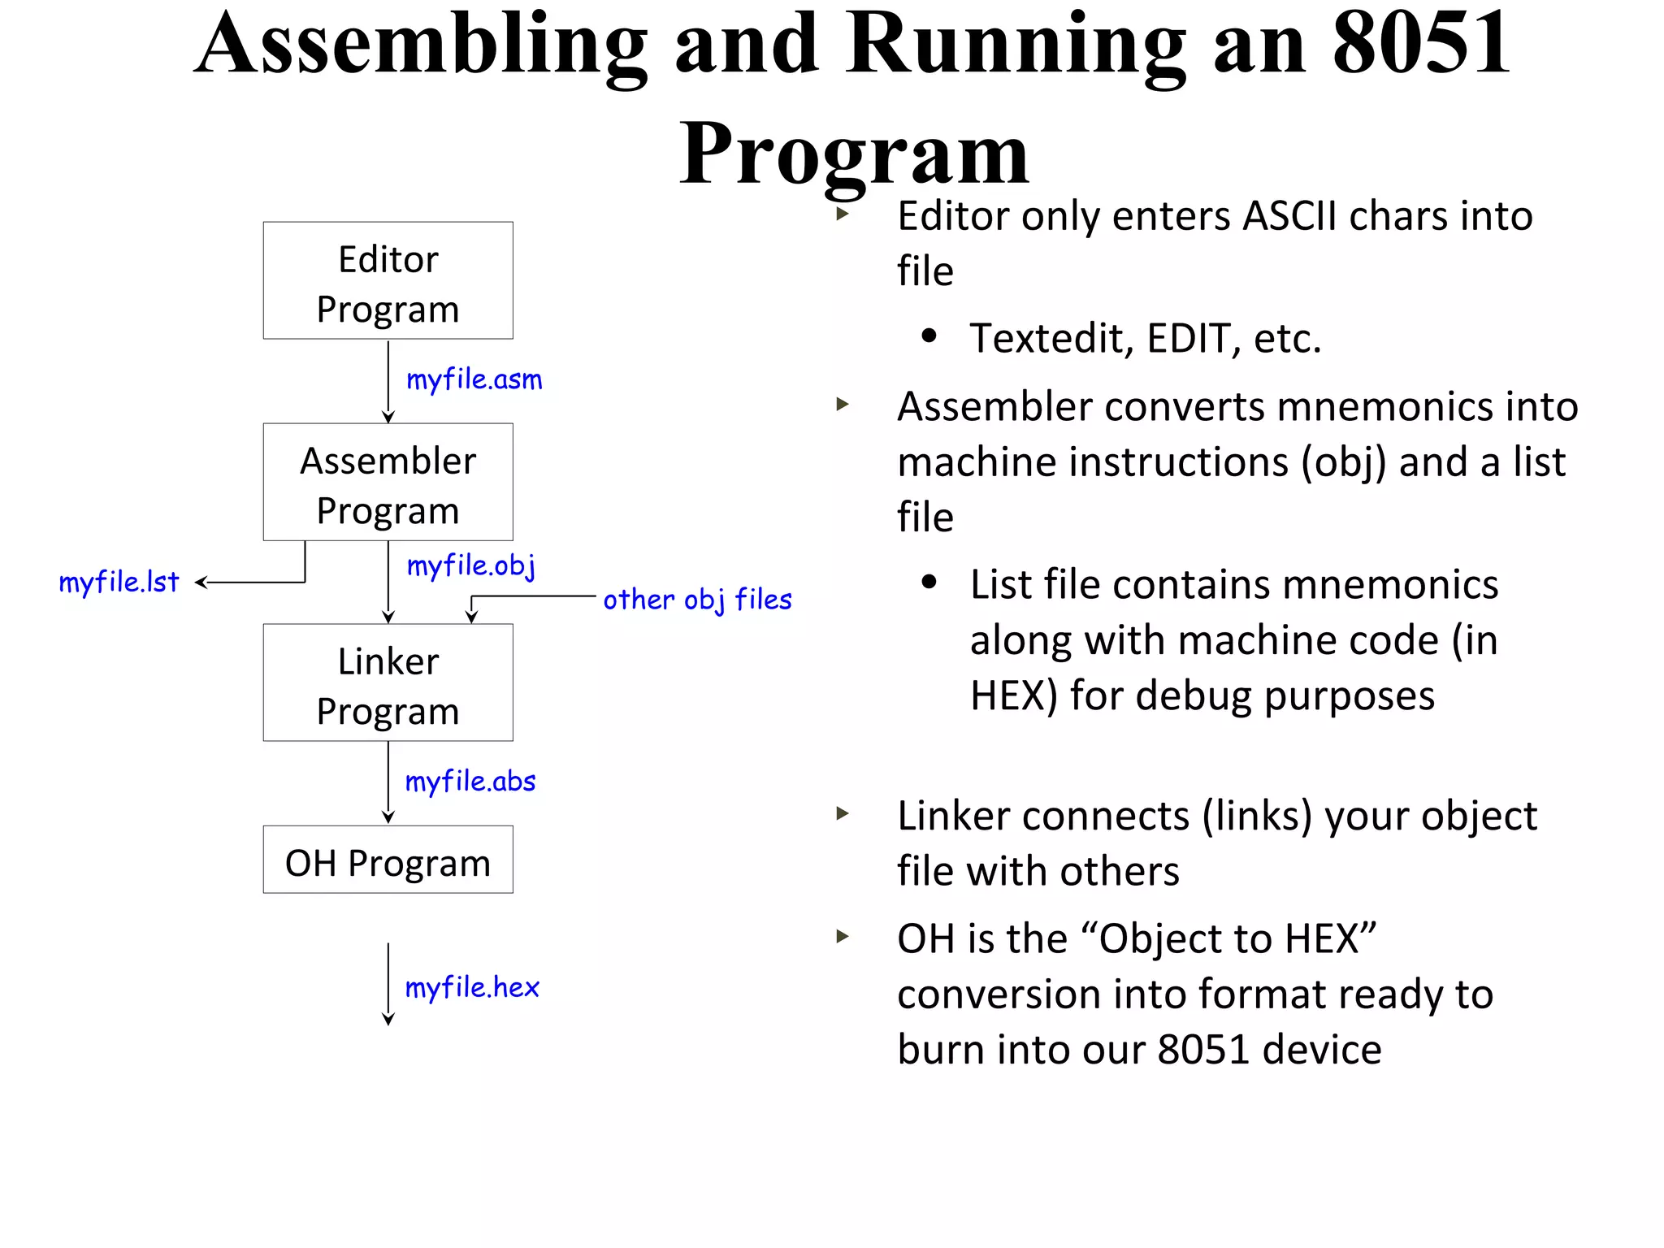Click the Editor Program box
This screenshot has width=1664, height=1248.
coord(388,281)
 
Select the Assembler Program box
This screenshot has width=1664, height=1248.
coord(388,482)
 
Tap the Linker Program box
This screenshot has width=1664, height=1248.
coord(388,682)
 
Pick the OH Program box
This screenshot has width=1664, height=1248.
coord(388,860)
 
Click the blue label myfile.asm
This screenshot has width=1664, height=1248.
coord(474,380)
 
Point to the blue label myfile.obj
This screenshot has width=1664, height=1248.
coord(471,565)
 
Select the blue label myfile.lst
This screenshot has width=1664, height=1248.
coord(119,583)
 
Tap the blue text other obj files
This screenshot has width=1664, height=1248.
coord(697,600)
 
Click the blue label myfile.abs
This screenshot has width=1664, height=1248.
coord(470,782)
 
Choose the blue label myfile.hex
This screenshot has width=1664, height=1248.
coord(472,988)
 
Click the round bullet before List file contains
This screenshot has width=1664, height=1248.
coord(929,583)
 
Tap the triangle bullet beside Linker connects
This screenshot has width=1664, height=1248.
coord(843,813)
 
